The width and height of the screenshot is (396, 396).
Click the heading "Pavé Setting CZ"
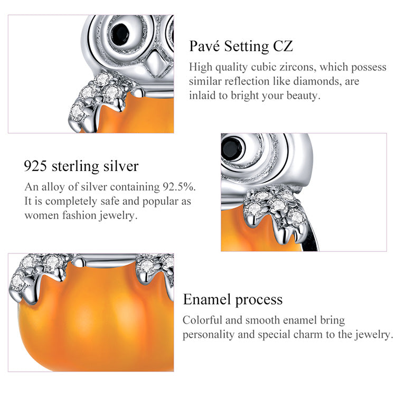coord(241,46)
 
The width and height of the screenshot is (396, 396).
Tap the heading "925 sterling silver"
coord(81,166)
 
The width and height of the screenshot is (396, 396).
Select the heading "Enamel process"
coord(233,300)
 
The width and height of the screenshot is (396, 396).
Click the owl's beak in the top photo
coord(156,64)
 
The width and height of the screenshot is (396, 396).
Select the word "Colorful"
coord(203,320)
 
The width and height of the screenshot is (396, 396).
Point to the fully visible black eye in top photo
coord(120,35)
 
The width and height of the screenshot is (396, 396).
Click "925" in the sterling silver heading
coord(35,166)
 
